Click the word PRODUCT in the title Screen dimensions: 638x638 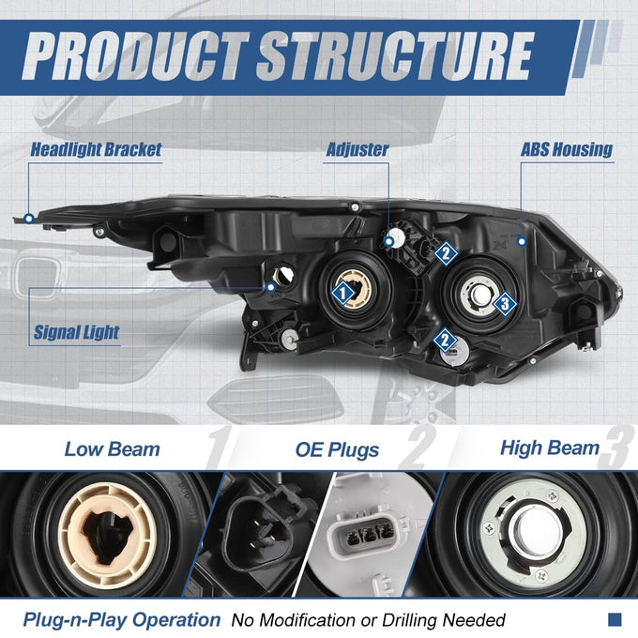(x=136, y=55)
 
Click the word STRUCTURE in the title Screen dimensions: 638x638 (x=395, y=55)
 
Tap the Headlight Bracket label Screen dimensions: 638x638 (x=96, y=150)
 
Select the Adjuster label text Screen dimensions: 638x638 (x=357, y=150)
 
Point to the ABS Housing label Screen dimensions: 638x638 (x=567, y=150)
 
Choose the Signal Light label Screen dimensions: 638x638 (x=76, y=332)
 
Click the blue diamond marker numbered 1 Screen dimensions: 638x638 (x=343, y=293)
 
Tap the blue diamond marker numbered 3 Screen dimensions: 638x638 (x=505, y=303)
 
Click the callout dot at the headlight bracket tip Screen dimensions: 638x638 (x=29, y=219)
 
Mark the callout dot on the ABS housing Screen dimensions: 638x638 (x=522, y=242)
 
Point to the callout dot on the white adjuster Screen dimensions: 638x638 (x=389, y=242)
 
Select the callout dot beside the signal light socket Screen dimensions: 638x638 (x=270, y=287)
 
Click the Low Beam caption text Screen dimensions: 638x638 (x=113, y=449)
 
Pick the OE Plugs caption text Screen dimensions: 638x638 (x=337, y=450)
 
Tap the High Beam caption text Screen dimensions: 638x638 (x=550, y=448)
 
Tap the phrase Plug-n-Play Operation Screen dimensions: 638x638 (x=122, y=619)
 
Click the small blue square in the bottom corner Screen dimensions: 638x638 (x=615, y=619)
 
